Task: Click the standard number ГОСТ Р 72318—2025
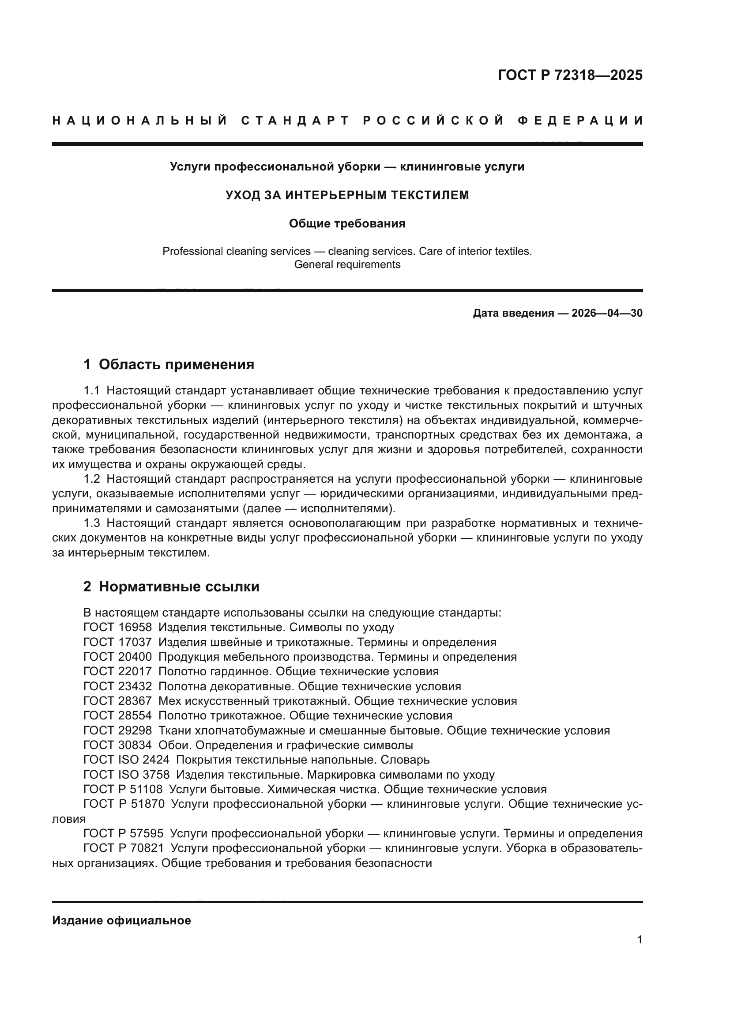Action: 569,75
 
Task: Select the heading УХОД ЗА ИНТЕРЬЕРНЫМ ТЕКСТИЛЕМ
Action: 347,195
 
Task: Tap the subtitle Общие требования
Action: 347,223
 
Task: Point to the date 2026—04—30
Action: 607,313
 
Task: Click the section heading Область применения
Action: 176,364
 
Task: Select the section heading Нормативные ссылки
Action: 179,587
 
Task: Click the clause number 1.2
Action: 92,479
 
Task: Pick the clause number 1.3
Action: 92,523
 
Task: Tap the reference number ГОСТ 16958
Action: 117,627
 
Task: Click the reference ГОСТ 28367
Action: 117,701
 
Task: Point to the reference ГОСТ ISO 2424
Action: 126,760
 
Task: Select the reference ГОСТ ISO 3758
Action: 126,775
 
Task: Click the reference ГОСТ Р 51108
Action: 123,790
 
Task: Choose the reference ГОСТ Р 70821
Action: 124,848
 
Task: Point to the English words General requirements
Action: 347,265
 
